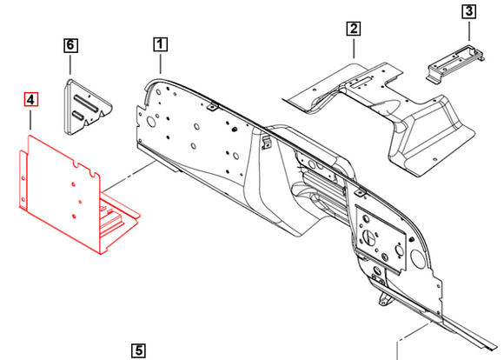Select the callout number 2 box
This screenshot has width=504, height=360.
(x=354, y=29)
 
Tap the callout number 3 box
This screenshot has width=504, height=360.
(x=468, y=11)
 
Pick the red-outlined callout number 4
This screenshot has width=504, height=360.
(x=30, y=100)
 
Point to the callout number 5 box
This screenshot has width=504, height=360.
(x=137, y=350)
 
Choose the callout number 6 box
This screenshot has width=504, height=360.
(x=70, y=44)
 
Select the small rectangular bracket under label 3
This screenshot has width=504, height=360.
(x=453, y=60)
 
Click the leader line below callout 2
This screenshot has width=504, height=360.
(x=354, y=48)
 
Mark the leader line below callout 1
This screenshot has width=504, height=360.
(x=159, y=63)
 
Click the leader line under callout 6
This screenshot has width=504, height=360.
(x=70, y=64)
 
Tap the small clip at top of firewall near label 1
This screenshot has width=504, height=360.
(x=210, y=109)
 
